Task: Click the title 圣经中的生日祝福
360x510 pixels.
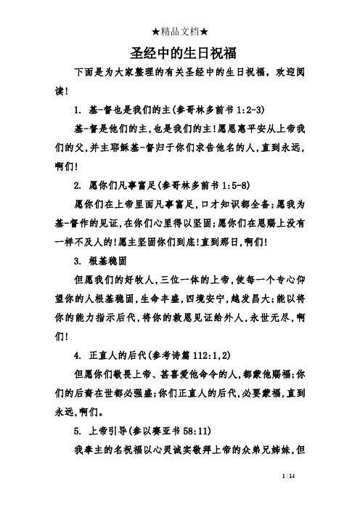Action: [x=180, y=54]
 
